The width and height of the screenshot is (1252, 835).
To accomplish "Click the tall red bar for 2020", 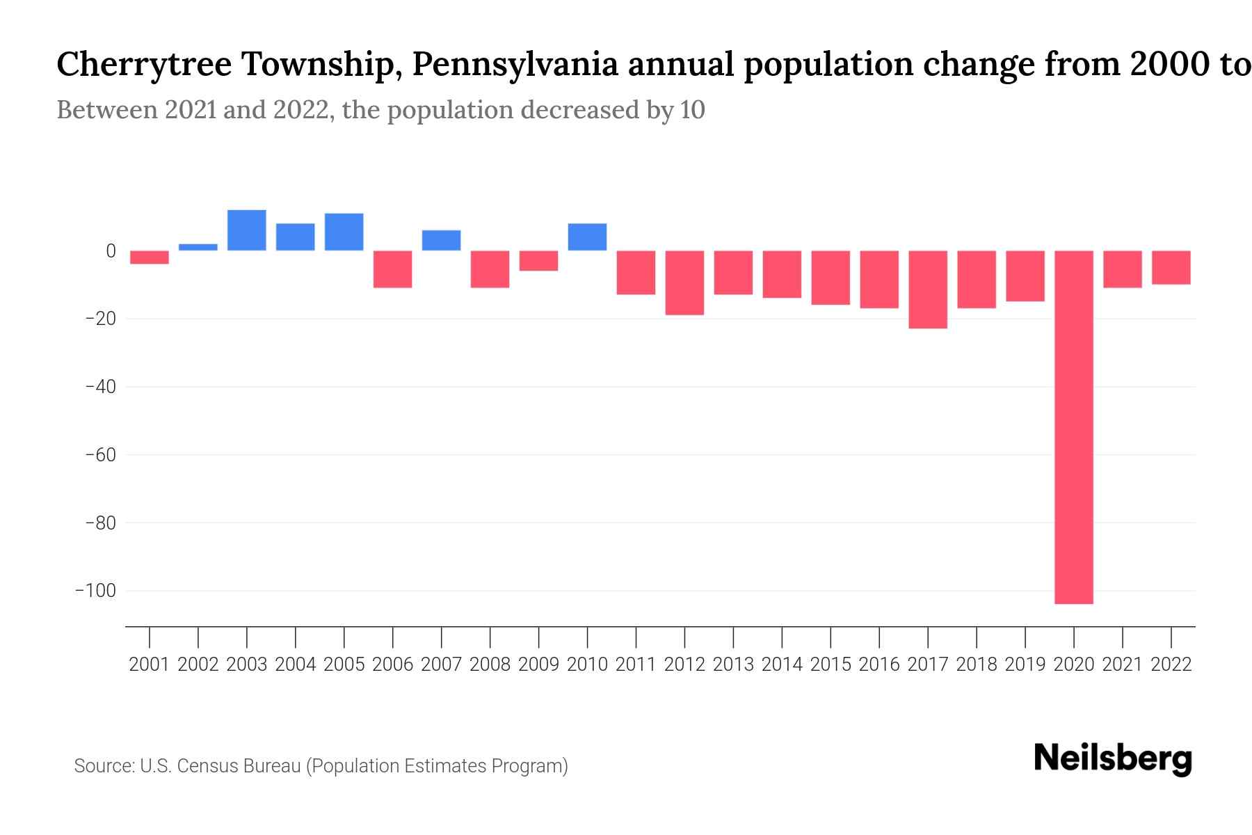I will click(1074, 427).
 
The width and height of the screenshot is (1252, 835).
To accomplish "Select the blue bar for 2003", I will click(247, 230).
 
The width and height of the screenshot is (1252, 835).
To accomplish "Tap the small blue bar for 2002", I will click(198, 247).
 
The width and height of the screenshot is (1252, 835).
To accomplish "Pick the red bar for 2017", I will click(928, 289).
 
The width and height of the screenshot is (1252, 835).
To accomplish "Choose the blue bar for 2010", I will click(587, 237).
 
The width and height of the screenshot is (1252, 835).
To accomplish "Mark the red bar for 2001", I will click(150, 257).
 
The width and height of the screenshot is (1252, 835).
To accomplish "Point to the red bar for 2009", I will click(538, 261).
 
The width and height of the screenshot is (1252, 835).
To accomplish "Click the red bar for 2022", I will click(1171, 268).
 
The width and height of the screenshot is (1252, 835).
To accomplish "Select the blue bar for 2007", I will click(441, 240).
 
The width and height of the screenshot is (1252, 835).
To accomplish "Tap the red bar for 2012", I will click(684, 283).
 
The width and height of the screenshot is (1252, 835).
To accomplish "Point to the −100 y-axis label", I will click(95, 591).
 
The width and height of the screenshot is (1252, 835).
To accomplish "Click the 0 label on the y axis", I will click(111, 251).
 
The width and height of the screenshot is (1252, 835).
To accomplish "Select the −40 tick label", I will click(100, 387).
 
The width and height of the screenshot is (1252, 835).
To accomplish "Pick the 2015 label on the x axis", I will click(830, 665).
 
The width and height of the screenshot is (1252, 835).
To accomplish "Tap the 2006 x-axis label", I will click(393, 665).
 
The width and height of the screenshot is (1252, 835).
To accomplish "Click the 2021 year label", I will click(1123, 665).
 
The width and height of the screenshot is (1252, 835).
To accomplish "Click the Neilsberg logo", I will click(1113, 759).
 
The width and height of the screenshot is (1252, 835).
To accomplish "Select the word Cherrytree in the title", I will click(144, 65).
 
